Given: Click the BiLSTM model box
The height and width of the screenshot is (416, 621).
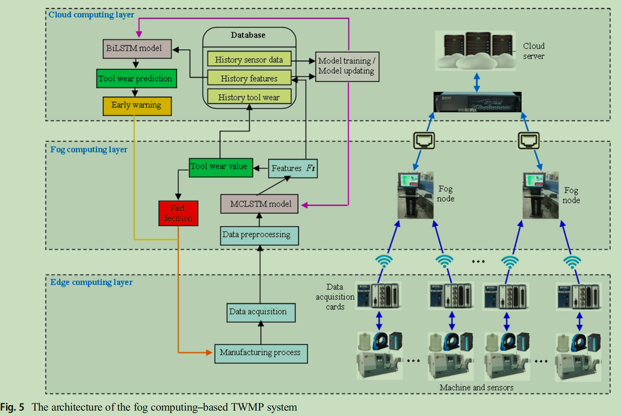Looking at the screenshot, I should (x=137, y=49).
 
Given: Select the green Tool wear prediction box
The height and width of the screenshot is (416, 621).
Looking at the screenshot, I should (x=136, y=79).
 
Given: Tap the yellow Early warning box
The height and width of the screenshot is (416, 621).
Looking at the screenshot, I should (x=137, y=106).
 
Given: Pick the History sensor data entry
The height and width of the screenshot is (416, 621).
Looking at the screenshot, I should (x=249, y=60).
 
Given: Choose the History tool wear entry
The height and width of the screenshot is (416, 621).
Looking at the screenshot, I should (x=249, y=97).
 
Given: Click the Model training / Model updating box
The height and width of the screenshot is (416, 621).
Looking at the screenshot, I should (x=347, y=66).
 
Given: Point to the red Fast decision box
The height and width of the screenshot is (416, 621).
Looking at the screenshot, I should (x=178, y=213).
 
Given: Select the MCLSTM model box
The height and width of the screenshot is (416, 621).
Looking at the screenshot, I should (x=259, y=204).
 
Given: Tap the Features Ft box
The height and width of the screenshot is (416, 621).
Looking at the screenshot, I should (x=293, y=168).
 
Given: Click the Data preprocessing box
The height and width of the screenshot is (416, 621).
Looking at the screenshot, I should (x=259, y=235).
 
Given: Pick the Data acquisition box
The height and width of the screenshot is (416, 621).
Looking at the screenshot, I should (x=260, y=312).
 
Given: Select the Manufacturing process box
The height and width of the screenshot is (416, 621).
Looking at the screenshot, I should (x=260, y=353).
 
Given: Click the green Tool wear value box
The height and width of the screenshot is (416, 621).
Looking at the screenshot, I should (x=221, y=167).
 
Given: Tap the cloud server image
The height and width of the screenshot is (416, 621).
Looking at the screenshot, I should (x=475, y=51).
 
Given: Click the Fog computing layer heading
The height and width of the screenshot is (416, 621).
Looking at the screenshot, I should (x=89, y=149).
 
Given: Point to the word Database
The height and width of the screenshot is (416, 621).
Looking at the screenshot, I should (x=248, y=35).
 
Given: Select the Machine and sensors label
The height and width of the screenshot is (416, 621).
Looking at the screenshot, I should (x=476, y=387).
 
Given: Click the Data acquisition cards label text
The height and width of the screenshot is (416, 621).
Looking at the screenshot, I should (x=335, y=297).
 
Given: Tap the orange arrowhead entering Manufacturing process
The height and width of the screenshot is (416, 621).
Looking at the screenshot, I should (x=209, y=352).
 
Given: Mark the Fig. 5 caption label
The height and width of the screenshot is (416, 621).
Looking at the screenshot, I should (x=12, y=407).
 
